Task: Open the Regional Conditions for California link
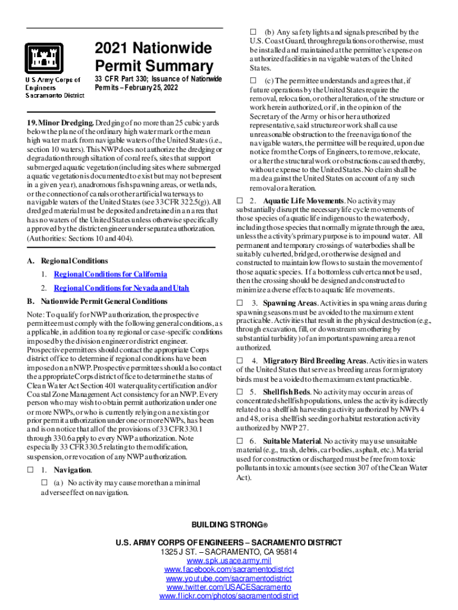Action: [110, 274]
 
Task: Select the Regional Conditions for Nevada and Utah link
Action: [121, 288]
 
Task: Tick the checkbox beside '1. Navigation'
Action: [29, 470]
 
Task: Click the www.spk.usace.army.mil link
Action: [229, 561]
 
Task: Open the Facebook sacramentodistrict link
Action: [229, 569]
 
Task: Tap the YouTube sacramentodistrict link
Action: [229, 578]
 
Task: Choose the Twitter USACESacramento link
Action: [229, 587]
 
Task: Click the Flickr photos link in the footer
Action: [229, 596]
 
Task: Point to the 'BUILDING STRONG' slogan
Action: [229, 524]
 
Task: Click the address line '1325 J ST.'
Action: [229, 552]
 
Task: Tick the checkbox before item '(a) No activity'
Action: [43, 482]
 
